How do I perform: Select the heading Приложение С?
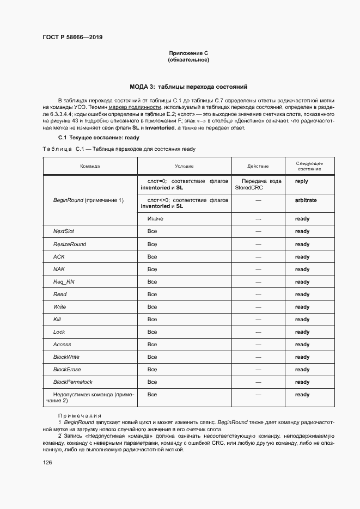pyautogui.click(x=188, y=53)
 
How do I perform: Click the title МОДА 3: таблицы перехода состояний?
pyautogui.click(x=188, y=87)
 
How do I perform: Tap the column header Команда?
pyautogui.click(x=89, y=165)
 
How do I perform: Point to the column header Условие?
pyautogui.click(x=184, y=165)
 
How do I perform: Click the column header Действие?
pyautogui.click(x=258, y=165)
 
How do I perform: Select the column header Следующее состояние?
pyautogui.click(x=309, y=165)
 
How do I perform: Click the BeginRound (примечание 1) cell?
pyautogui.click(x=88, y=200)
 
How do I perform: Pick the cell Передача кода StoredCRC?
pyautogui.click(x=258, y=184)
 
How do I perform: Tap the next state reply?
pyautogui.click(x=301, y=181)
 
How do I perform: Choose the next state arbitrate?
pyautogui.click(x=306, y=200)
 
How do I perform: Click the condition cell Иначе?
pyautogui.click(x=155, y=219)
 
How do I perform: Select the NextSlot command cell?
pyautogui.click(x=63, y=231)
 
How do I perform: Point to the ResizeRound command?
pyautogui.click(x=69, y=244)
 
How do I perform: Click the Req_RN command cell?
pyautogui.click(x=63, y=281)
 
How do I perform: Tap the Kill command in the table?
pyautogui.click(x=57, y=320)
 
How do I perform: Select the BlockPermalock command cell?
pyautogui.click(x=74, y=382)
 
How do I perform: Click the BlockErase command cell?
pyautogui.click(x=66, y=370)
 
